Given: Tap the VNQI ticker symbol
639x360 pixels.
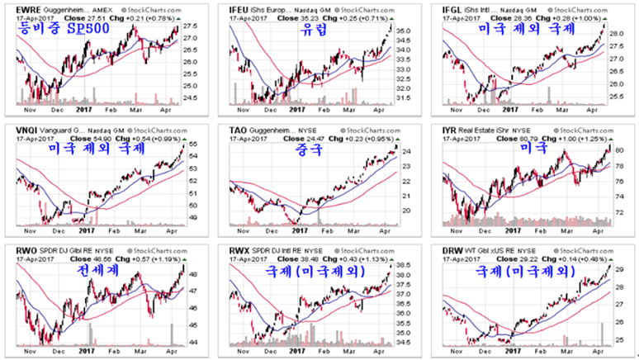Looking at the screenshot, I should click(x=18, y=129).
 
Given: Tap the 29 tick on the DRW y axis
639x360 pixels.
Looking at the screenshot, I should click(x=618, y=269).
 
